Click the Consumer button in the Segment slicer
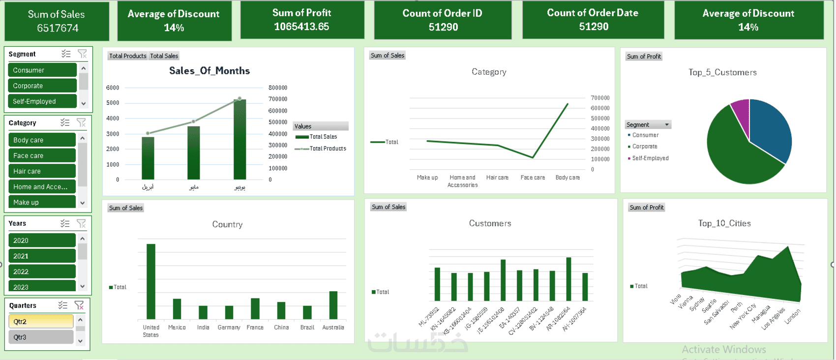(x=42, y=70)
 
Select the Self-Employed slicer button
(x=42, y=101)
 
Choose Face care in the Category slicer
(x=42, y=155)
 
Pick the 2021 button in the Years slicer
(x=42, y=256)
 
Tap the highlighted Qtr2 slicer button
(x=41, y=322)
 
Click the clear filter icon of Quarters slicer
(x=79, y=305)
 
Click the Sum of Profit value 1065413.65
(x=301, y=27)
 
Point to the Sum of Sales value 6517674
(x=58, y=28)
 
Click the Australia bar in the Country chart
(x=333, y=305)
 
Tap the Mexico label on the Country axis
(x=177, y=328)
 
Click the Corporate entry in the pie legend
(x=645, y=147)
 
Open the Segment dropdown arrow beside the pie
(x=667, y=125)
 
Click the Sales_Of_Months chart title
(x=209, y=71)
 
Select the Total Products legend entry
(x=328, y=149)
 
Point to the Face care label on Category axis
(x=533, y=178)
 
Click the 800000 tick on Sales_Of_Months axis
(x=278, y=88)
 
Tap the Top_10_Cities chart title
(x=724, y=223)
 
